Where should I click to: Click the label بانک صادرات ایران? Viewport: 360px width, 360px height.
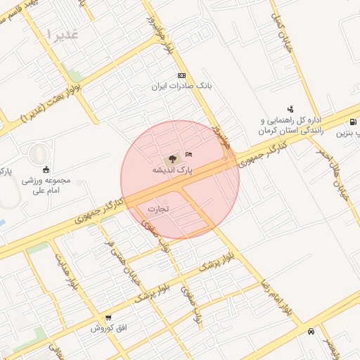pyautogui.click(x=181, y=86)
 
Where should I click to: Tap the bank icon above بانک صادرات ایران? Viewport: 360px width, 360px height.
pyautogui.click(x=181, y=75)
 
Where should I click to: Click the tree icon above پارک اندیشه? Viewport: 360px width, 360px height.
pyautogui.click(x=173, y=159)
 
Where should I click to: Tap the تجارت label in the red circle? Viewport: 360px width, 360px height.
pyautogui.click(x=159, y=209)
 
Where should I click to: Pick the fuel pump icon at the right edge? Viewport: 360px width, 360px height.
pyautogui.click(x=352, y=121)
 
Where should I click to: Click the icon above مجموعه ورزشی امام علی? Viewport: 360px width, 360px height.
pyautogui.click(x=46, y=169)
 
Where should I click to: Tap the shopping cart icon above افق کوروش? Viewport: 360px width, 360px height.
pyautogui.click(x=108, y=319)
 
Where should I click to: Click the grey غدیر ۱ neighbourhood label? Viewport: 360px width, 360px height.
pyautogui.click(x=62, y=34)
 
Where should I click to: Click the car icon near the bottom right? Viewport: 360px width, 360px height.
pyautogui.click(x=311, y=331)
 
